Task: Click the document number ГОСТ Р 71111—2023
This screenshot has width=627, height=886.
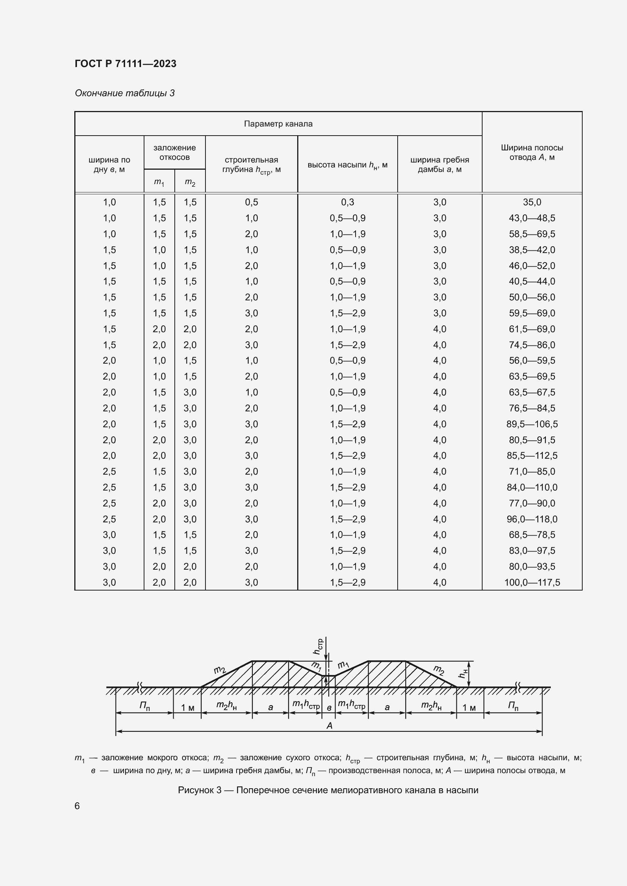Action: pyautogui.click(x=125, y=64)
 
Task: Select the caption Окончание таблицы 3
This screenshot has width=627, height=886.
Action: pyautogui.click(x=125, y=93)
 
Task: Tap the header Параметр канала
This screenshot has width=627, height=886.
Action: pyautogui.click(x=278, y=124)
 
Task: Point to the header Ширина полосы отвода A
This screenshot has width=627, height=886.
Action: pyautogui.click(x=531, y=152)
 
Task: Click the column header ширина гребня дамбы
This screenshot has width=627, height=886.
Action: pyautogui.click(x=439, y=164)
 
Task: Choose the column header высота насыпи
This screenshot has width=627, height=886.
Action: pyautogui.click(x=347, y=165)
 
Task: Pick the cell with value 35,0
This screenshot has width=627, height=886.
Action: pyautogui.click(x=531, y=202)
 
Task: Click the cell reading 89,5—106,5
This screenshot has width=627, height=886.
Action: pyautogui.click(x=531, y=424)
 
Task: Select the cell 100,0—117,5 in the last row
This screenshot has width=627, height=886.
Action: pyautogui.click(x=531, y=582)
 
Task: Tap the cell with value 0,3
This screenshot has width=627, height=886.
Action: pyautogui.click(x=348, y=202)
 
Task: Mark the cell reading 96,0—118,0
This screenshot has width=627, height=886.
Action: pyautogui.click(x=531, y=519)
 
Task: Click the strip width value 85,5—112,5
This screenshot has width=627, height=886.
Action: pyautogui.click(x=531, y=456)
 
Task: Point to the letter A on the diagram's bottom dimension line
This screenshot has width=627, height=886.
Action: pyautogui.click(x=329, y=726)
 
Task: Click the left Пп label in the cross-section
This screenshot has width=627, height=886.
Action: pyautogui.click(x=145, y=706)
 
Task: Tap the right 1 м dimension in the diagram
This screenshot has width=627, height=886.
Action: pyautogui.click(x=469, y=707)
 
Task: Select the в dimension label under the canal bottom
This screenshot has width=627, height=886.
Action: pyautogui.click(x=329, y=708)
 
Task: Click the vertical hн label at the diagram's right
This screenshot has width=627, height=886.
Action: pyautogui.click(x=463, y=673)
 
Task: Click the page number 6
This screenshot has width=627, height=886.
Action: pyautogui.click(x=77, y=806)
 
